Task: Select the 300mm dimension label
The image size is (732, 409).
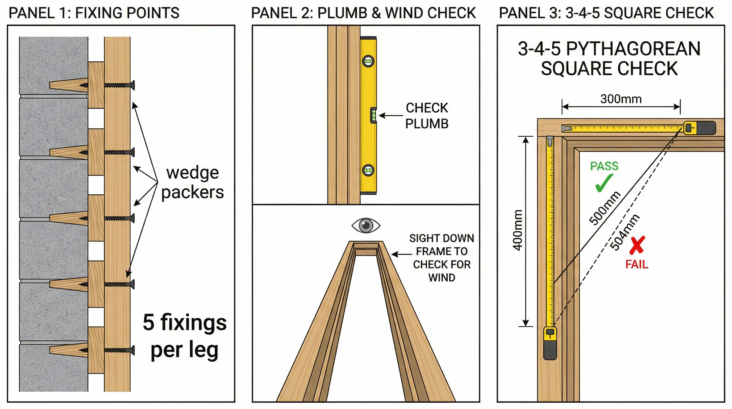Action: click(621, 99)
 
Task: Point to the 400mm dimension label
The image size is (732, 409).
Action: click(518, 230)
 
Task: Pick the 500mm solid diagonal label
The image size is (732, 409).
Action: click(604, 208)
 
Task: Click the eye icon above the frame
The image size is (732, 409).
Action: click(366, 226)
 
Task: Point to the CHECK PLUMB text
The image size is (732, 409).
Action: click(427, 116)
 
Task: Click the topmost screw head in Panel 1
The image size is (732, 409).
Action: click(132, 85)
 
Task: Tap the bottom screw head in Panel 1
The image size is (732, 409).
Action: click(132, 350)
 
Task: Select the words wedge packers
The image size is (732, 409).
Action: click(193, 182)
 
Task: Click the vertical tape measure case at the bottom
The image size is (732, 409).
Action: click(550, 343)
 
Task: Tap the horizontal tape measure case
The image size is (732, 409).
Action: click(699, 128)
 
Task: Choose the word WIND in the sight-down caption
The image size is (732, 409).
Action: click(442, 278)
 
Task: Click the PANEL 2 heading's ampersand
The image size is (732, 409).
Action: click(376, 13)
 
